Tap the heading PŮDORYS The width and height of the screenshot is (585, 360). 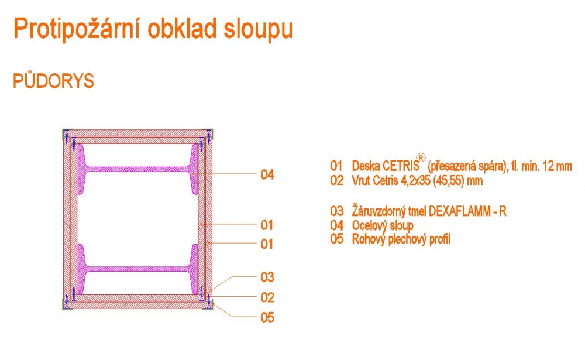coord(53,81)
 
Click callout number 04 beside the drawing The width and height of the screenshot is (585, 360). coord(267,174)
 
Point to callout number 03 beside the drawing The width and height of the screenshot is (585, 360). coord(267,277)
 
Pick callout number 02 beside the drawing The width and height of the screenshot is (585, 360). coord(267,297)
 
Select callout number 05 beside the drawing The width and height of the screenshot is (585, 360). coord(267,318)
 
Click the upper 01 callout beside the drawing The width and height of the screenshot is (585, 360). coord(267,224)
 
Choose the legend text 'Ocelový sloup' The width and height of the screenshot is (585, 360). coord(383,225)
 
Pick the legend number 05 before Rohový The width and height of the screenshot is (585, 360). coord(336,239)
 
